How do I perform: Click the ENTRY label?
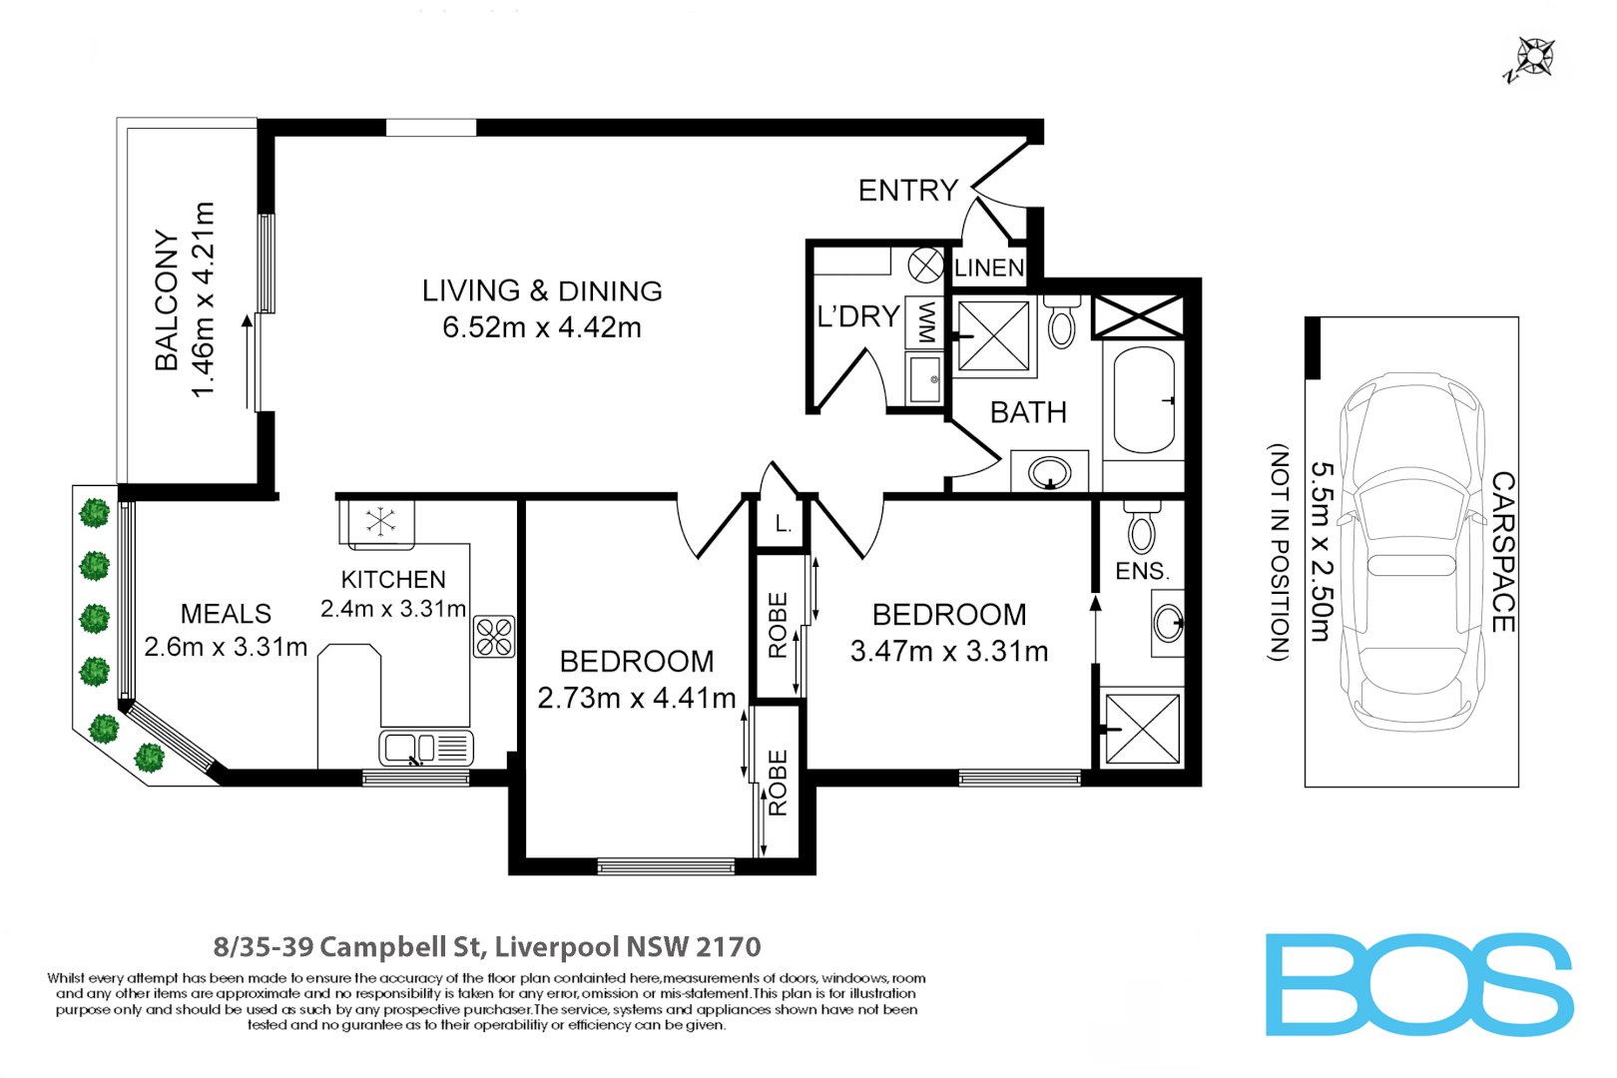(907, 191)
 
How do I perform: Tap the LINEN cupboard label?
(988, 268)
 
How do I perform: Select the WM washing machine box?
(926, 321)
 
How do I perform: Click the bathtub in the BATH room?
(1143, 400)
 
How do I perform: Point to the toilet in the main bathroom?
(1062, 321)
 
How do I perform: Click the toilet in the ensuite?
(1141, 529)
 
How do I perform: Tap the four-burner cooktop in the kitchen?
(494, 637)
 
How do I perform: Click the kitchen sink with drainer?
(426, 747)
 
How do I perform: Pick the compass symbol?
(1533, 58)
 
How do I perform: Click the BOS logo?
(1418, 985)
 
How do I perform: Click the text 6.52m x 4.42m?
(542, 327)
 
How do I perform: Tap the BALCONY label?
(166, 300)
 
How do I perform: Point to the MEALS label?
(226, 614)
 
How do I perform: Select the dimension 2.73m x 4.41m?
(637, 698)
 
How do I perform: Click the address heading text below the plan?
(487, 946)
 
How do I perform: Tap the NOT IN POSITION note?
(1279, 552)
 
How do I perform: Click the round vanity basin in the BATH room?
(1049, 471)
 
